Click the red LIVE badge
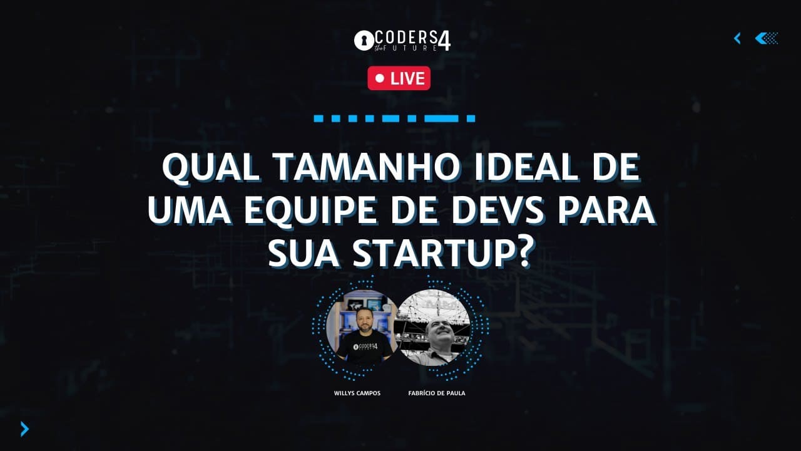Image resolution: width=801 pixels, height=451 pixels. (399, 78)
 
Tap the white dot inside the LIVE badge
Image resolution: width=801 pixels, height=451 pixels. (380, 78)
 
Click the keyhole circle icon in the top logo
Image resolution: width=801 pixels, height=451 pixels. (364, 41)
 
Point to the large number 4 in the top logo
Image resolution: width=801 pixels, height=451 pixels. (444, 41)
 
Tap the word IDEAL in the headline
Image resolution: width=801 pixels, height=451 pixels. (526, 167)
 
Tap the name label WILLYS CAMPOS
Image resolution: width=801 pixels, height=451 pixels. (357, 393)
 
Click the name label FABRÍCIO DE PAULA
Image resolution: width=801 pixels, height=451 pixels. (437, 393)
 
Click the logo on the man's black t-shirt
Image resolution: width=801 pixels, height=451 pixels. (365, 346)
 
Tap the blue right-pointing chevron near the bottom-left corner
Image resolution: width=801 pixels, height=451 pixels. (24, 429)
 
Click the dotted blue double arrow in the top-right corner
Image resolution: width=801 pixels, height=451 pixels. (766, 38)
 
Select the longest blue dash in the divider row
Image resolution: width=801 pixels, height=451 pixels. (441, 118)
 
